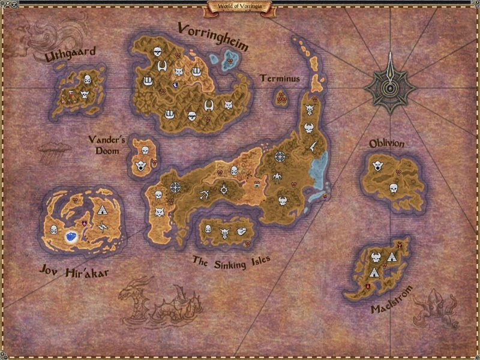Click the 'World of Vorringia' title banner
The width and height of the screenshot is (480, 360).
239,7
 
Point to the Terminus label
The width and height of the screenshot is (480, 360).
280,79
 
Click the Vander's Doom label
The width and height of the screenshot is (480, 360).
107,145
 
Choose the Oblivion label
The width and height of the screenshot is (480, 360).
386,144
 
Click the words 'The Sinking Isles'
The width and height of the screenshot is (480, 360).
231,261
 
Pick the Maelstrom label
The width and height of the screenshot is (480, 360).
392,308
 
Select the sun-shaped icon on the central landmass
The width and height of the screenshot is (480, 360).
224,190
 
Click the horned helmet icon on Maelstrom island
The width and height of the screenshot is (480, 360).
376,258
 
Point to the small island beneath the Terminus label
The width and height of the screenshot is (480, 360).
281,97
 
